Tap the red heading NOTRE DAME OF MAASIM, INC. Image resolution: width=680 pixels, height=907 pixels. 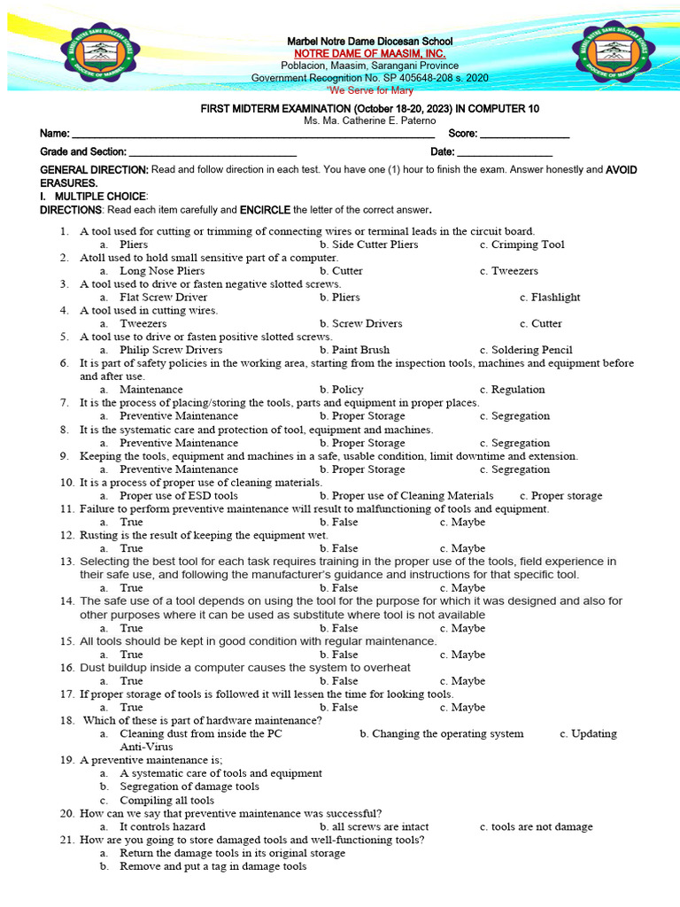369,54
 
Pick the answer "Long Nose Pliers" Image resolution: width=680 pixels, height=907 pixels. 162,271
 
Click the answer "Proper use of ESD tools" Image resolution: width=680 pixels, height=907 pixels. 179,496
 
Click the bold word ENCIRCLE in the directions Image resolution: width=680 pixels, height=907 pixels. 265,211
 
